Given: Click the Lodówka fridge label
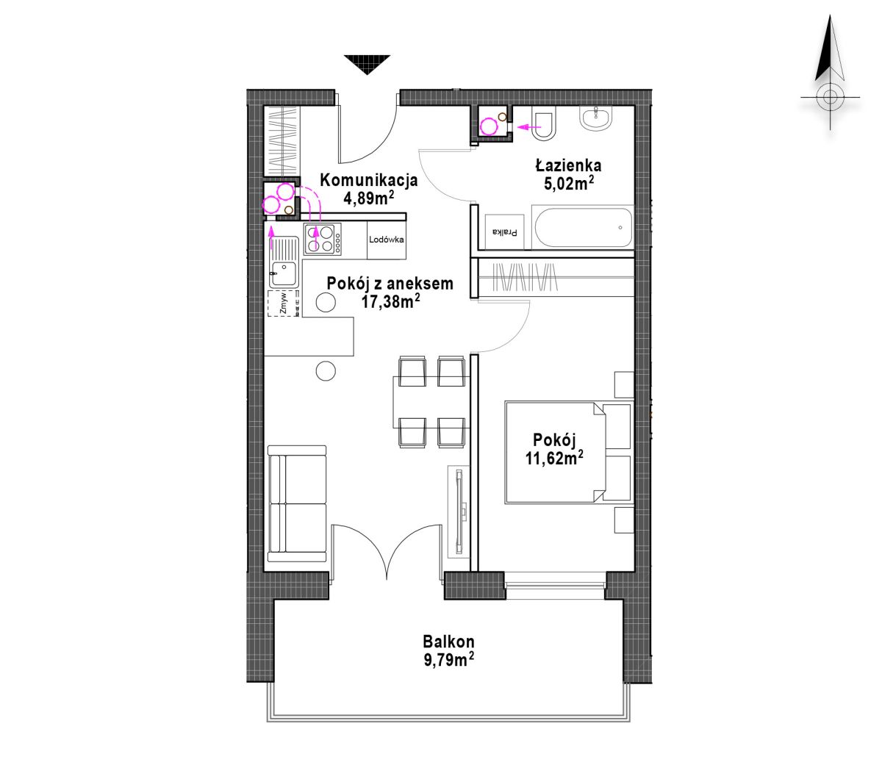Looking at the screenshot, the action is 386,240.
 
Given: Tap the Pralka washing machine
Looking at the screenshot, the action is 504,231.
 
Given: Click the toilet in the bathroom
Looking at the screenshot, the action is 544,126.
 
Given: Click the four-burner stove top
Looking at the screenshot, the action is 323,239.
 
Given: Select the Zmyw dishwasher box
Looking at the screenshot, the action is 284,303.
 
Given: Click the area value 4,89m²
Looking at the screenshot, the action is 369,198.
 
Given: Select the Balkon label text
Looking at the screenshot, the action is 448,642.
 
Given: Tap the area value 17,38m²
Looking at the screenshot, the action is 390,301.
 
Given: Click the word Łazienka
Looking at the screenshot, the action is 569,165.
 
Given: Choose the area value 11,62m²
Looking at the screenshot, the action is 554,458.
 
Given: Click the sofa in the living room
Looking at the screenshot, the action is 297,504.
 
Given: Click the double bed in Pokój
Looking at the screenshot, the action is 568,453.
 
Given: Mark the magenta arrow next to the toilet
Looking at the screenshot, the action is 528,127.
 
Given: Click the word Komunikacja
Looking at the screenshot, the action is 369,180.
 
